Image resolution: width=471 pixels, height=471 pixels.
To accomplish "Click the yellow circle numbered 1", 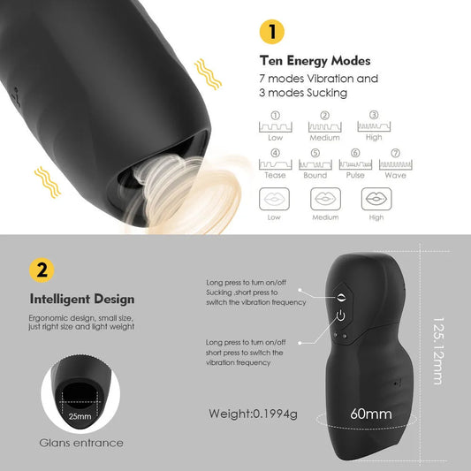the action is [272, 32].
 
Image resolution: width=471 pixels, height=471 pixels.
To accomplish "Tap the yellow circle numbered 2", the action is [42, 270].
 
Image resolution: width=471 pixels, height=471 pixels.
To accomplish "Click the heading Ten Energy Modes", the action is [315, 61].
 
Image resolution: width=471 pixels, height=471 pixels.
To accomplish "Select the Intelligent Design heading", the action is [82, 300].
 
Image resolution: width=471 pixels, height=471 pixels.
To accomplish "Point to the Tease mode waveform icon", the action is [276, 164].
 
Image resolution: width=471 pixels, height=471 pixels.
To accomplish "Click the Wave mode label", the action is [395, 176].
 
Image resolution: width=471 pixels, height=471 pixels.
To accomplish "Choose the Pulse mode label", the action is [355, 176].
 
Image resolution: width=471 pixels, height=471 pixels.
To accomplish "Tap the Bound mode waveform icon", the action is [315, 164].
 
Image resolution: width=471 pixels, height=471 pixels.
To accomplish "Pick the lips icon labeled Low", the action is [274, 199].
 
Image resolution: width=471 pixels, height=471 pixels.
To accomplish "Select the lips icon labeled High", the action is [376, 199].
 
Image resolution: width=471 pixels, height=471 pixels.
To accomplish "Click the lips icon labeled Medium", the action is [325, 199].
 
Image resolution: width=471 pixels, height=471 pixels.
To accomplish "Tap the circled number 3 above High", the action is [374, 115].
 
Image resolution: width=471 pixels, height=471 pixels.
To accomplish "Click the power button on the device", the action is [340, 315].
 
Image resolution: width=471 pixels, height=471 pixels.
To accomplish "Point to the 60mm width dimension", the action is [371, 414].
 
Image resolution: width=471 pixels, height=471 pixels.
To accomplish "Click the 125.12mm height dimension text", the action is [438, 351].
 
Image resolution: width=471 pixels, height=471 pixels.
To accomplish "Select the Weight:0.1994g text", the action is [253, 414].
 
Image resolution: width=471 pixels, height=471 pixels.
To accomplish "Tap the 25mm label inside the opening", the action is [80, 416].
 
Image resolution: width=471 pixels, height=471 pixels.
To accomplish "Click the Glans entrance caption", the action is [81, 443].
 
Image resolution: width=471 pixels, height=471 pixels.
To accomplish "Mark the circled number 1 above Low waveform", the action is [275, 116].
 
